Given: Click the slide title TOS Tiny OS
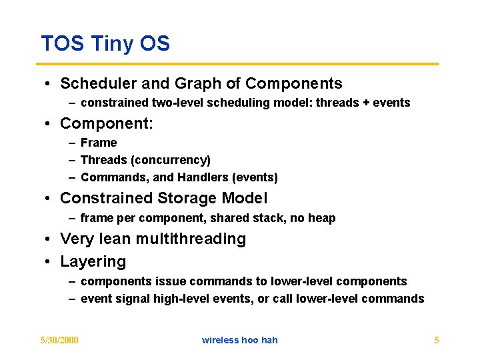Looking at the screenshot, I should (105, 44).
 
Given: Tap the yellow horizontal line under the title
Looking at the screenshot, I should (240, 64).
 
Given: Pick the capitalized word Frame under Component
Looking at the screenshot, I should (99, 143).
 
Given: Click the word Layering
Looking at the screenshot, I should (93, 261).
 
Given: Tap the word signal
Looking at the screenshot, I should (133, 299).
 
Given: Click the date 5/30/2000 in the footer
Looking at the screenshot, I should (59, 340).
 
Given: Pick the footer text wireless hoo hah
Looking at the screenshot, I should (239, 340).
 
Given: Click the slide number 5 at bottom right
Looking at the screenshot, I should (436, 340).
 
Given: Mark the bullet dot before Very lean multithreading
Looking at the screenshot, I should (50, 239).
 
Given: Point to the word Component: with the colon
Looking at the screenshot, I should (107, 124).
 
